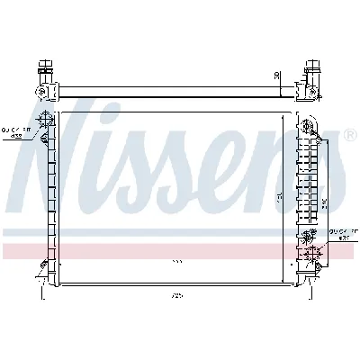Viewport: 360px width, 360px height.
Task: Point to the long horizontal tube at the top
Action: pyautogui.click(x=171, y=90)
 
